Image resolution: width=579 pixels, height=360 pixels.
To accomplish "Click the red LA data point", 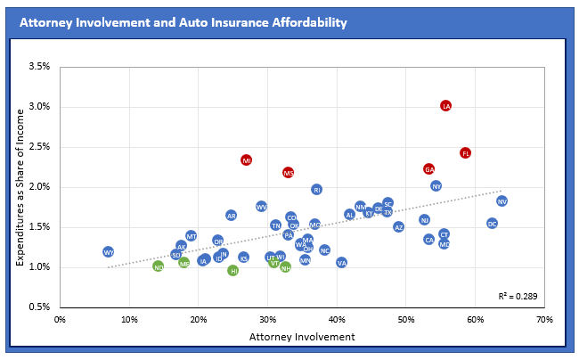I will [445, 106].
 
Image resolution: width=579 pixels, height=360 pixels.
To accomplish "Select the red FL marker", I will [465, 153].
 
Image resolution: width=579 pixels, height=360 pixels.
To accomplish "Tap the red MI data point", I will [247, 160].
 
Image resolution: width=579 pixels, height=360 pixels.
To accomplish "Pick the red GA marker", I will [428, 169].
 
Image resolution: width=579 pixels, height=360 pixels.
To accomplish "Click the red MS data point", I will [288, 173].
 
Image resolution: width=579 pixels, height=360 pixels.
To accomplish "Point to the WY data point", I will [108, 252].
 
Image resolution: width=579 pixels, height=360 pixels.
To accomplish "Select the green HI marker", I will [232, 270].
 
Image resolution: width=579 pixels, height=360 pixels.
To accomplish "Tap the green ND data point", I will [158, 266].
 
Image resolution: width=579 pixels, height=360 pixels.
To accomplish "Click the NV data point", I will [502, 201].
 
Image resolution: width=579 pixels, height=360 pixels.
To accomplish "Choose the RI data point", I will [316, 189].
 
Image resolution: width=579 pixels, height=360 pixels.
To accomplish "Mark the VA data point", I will [341, 263].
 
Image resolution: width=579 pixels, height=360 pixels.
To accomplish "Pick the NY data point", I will [436, 186].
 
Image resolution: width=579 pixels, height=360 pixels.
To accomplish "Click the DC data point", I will [492, 224].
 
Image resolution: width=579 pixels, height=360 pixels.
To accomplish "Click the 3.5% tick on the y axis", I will [39, 67].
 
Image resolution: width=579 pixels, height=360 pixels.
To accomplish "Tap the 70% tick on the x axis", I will [544, 318].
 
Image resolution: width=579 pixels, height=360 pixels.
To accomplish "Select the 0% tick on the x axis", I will [61, 318].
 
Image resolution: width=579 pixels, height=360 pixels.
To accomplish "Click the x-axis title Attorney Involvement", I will [302, 337].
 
